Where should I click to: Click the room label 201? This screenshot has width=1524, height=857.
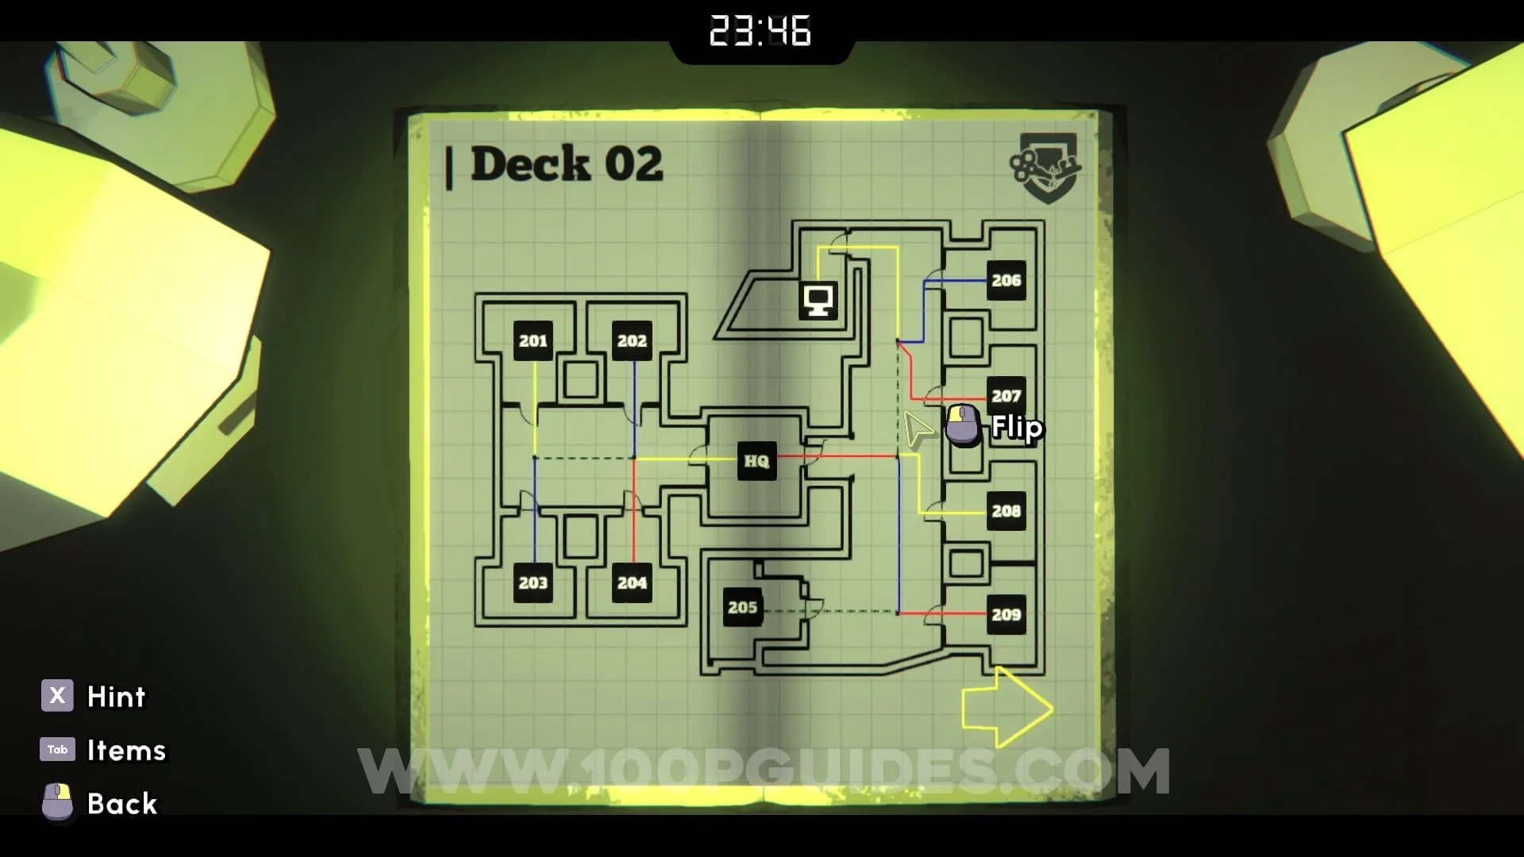click(x=533, y=340)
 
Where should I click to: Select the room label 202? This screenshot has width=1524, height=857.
click(x=632, y=340)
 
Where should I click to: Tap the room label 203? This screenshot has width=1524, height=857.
click(x=533, y=582)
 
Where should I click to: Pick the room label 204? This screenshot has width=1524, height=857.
click(x=632, y=582)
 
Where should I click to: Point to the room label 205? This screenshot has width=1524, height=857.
click(x=742, y=607)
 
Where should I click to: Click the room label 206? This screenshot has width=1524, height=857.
click(x=1006, y=280)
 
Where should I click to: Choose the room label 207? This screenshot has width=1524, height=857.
click(x=1006, y=394)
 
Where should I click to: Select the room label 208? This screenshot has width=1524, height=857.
click(x=1006, y=511)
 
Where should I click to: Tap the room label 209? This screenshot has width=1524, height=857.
click(x=1006, y=614)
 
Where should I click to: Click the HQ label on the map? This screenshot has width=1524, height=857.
click(x=756, y=461)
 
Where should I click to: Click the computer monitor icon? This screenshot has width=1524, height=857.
click(x=818, y=301)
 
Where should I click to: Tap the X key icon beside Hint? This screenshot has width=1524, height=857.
click(x=57, y=696)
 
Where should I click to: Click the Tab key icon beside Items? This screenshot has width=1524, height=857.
click(x=57, y=749)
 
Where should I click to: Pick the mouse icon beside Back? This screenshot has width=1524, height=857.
click(x=57, y=801)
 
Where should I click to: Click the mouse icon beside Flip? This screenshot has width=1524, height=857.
click(x=963, y=424)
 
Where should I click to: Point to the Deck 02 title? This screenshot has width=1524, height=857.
click(x=565, y=164)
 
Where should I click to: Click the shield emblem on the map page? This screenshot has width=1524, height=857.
click(x=1046, y=167)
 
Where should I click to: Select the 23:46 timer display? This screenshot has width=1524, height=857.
click(x=760, y=31)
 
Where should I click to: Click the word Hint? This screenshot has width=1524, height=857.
click(x=116, y=697)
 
